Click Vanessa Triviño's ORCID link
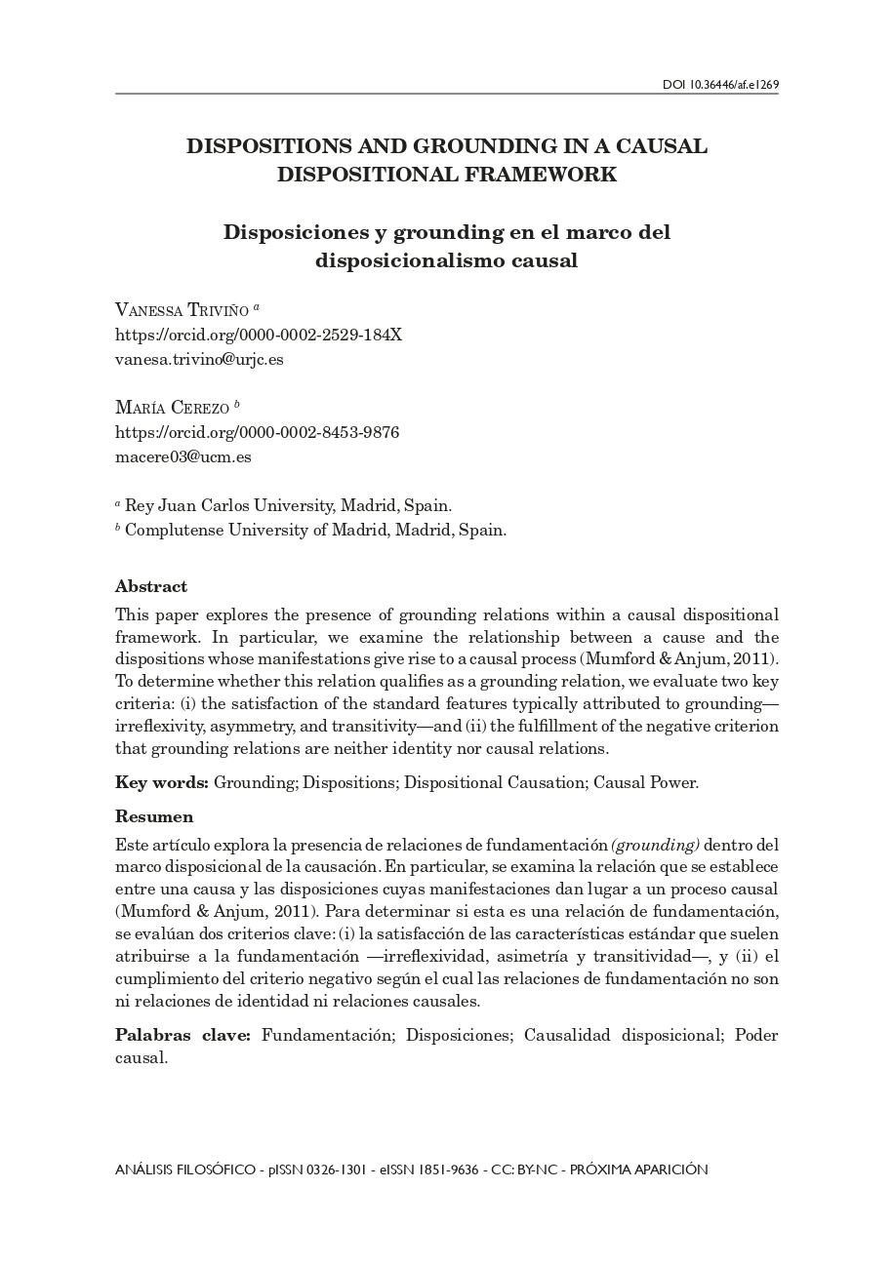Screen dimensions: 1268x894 [259, 335]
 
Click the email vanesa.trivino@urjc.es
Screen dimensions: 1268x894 [199, 358]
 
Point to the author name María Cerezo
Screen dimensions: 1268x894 [172, 407]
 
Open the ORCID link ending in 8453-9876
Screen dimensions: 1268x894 [258, 431]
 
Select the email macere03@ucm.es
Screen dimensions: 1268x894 [183, 456]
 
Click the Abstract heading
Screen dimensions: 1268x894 [150, 586]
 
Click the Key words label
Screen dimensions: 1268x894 [161, 782]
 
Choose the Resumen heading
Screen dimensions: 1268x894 [154, 816]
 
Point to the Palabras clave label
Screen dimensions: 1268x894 [183, 1035]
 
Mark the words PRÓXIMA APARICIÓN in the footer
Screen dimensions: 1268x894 [638, 1169]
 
